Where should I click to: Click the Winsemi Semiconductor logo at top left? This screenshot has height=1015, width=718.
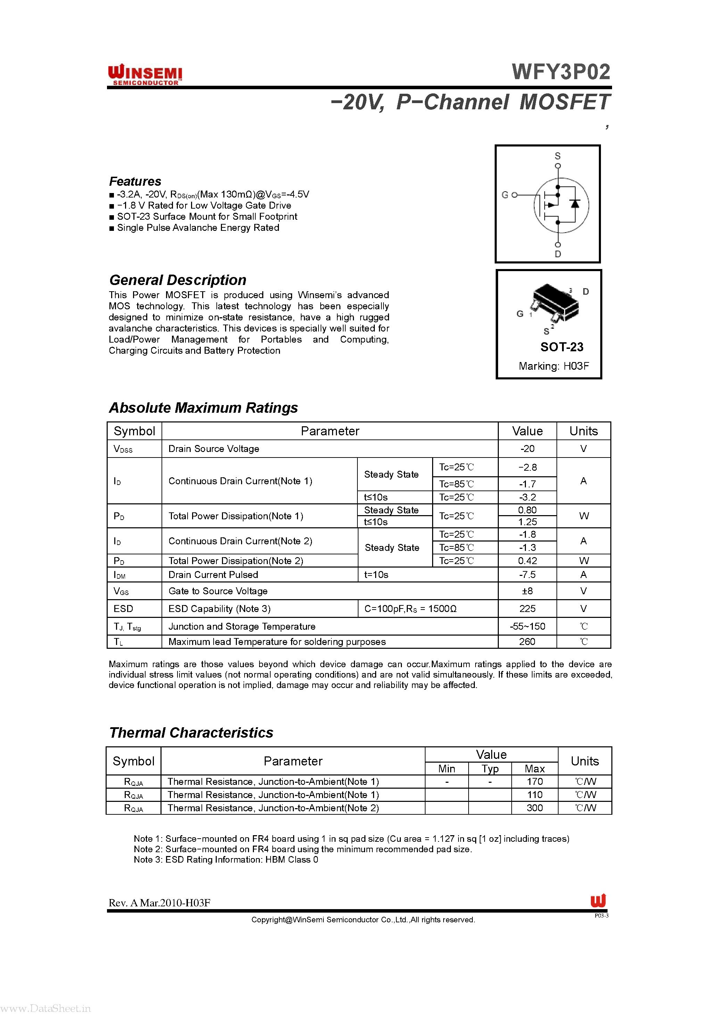click(x=145, y=74)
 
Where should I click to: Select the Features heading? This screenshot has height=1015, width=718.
click(x=135, y=181)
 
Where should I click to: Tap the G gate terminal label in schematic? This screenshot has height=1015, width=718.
click(x=505, y=195)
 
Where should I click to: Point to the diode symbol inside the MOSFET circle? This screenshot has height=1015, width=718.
click(x=575, y=204)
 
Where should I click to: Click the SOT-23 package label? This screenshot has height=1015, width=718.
click(x=561, y=347)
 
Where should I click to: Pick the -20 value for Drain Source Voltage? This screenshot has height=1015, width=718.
click(x=527, y=449)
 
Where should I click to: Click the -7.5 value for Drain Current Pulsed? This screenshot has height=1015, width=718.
click(x=527, y=575)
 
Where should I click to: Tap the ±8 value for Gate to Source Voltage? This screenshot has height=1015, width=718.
click(x=527, y=591)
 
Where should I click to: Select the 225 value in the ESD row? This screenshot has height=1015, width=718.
click(x=527, y=609)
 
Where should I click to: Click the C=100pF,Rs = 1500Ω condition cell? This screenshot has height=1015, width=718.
click(x=410, y=609)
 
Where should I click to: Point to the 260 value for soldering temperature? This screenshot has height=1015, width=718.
click(x=527, y=641)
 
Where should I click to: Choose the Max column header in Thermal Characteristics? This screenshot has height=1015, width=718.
click(x=534, y=769)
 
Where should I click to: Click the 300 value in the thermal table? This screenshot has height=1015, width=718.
click(x=534, y=808)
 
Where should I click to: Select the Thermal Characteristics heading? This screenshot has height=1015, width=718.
click(x=191, y=732)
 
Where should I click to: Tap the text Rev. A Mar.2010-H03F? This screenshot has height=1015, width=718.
click(x=159, y=903)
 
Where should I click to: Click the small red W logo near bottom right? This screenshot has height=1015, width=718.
click(x=598, y=900)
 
